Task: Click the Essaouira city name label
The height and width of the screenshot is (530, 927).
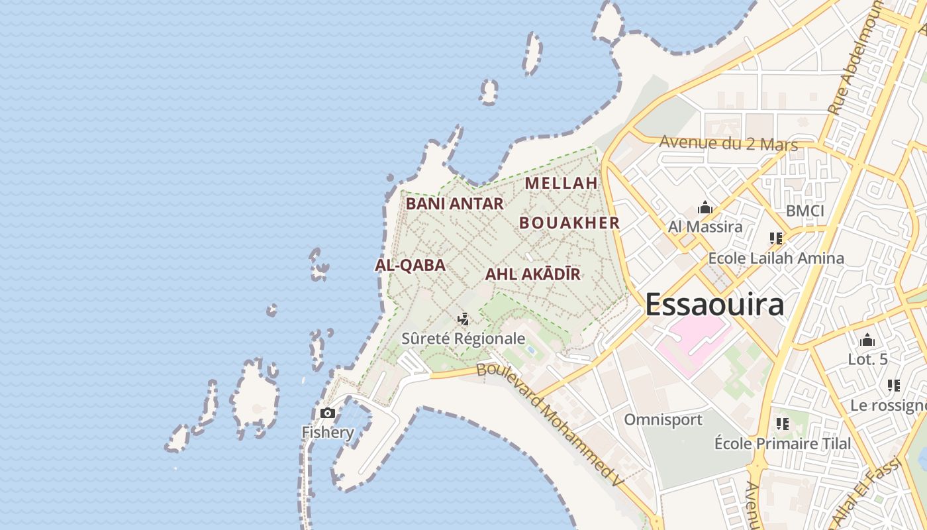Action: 714,305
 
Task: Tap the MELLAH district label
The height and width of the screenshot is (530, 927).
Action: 561,183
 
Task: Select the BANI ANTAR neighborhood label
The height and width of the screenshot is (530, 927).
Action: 454,203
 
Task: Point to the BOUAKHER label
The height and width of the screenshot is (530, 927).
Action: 569,223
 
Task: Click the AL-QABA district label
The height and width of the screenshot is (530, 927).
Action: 410,266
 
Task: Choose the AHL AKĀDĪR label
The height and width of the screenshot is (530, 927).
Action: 532,274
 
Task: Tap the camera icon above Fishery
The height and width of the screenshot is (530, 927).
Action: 328,413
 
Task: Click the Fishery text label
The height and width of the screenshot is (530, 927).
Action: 328,433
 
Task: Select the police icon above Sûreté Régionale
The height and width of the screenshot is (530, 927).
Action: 463,319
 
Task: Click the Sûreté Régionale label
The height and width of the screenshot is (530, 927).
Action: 463,339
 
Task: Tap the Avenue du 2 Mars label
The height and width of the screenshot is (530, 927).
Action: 728,142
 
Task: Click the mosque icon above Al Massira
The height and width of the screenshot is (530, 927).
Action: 705,208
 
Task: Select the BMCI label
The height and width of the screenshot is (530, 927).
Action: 805,211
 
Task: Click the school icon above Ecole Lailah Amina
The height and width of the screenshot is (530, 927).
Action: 776,238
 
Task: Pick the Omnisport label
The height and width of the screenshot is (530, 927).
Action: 663,419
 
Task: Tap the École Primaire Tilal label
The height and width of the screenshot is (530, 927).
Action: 783,443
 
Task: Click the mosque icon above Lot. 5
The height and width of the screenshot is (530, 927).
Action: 867,341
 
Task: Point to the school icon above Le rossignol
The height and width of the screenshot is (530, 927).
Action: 894,386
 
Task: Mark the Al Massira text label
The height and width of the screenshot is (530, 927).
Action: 705,227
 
